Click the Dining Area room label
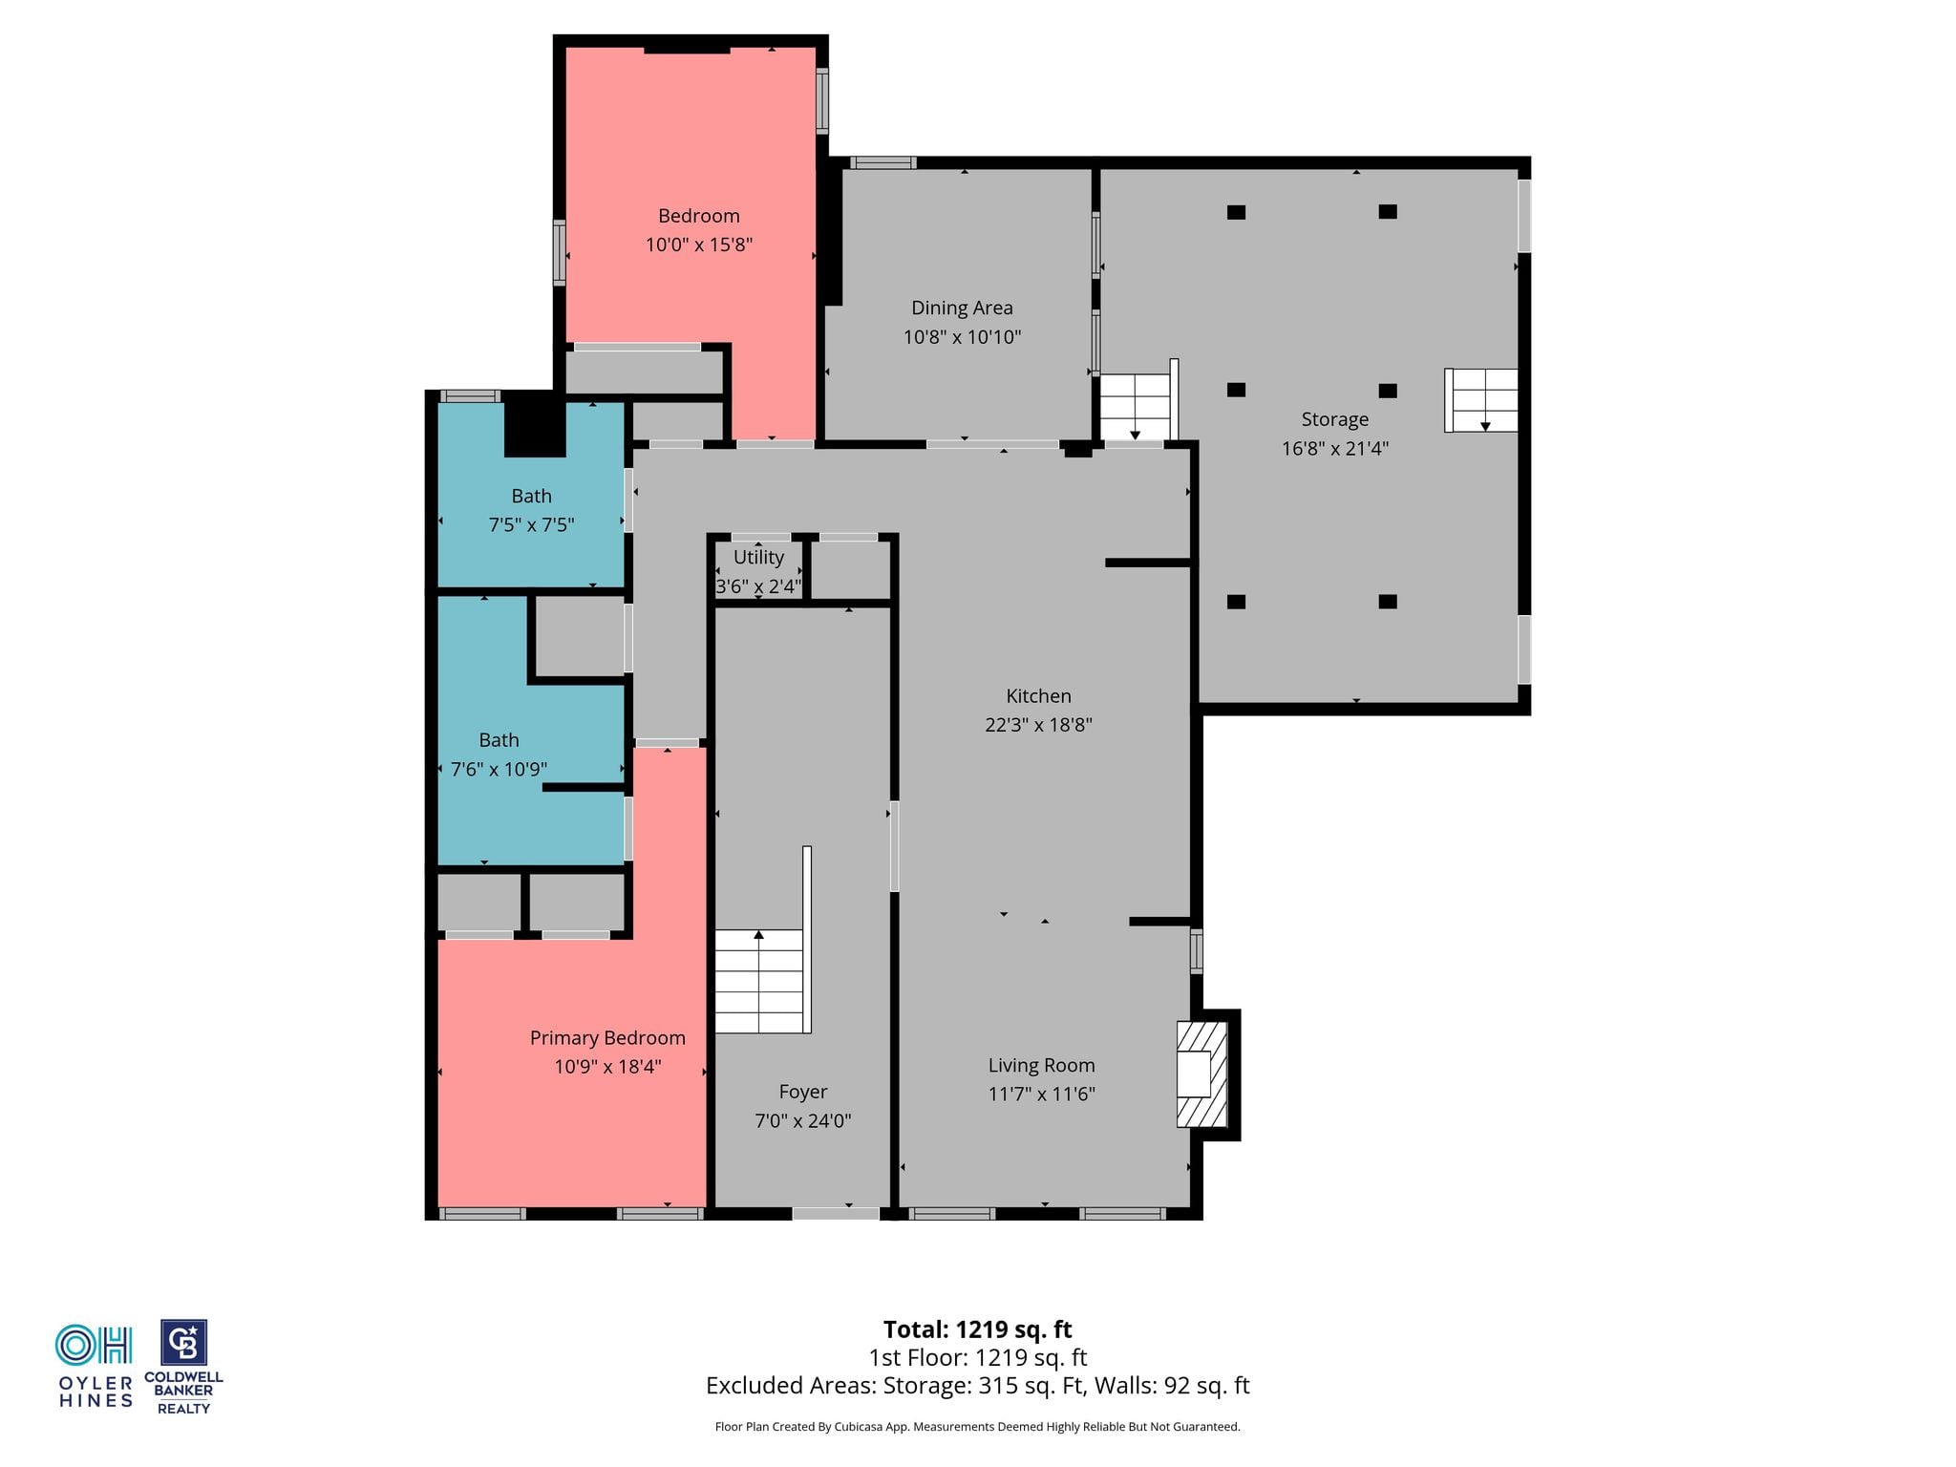click(962, 308)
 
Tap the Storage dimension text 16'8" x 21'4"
click(1334, 448)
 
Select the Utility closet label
click(758, 557)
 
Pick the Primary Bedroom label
click(607, 1038)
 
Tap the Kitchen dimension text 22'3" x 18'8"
click(1038, 725)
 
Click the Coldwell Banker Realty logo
click(183, 1367)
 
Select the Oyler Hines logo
click(95, 1366)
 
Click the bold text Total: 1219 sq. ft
click(977, 1329)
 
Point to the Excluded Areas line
click(977, 1386)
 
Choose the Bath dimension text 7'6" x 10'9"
click(499, 769)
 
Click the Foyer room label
click(802, 1092)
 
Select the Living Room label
click(1041, 1066)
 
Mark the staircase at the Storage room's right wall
click(1481, 400)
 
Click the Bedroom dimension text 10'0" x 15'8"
click(698, 244)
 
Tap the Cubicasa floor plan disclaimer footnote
click(977, 1427)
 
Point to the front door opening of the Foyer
click(836, 1214)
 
